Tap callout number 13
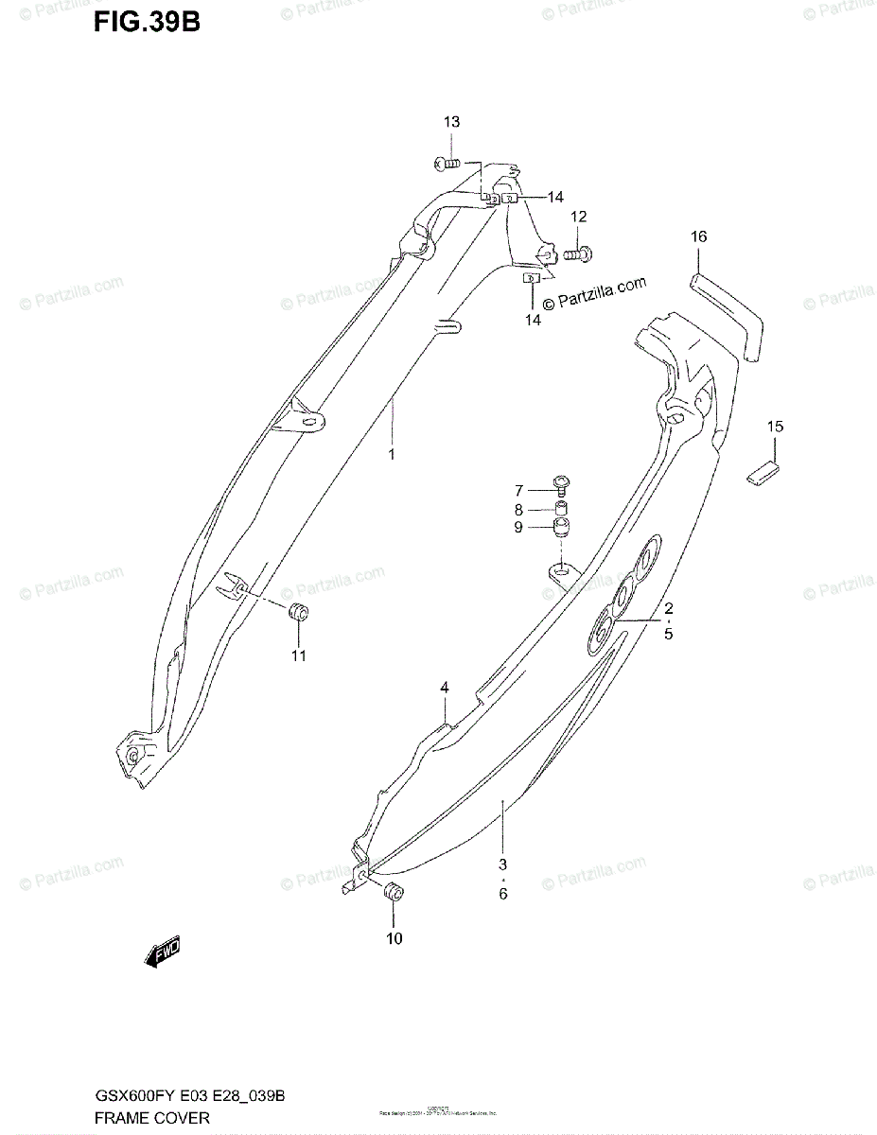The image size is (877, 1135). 451,122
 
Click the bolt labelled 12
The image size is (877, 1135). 576,253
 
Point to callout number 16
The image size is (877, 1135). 697,236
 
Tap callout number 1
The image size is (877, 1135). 391,454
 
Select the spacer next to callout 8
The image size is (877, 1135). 562,509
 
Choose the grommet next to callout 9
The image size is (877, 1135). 563,528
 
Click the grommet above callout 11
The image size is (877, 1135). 299,612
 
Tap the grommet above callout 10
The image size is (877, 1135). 393,892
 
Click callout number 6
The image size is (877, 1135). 502,893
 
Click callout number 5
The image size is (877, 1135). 668,634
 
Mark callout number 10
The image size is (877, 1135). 394,938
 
